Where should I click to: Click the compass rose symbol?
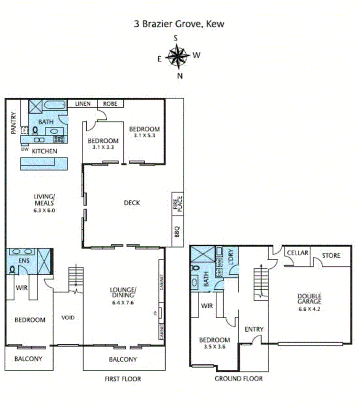177,56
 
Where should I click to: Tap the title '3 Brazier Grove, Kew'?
179,24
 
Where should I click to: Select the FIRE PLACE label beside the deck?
178,203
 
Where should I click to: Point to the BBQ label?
178,232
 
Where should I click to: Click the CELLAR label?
298,253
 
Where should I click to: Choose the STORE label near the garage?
331,255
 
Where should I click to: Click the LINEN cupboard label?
82,104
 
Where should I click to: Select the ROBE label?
110,104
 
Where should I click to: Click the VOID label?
68,317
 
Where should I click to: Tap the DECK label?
132,203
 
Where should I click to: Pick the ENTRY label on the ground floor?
254,329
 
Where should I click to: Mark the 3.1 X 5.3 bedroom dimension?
144,135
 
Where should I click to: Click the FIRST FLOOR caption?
123,379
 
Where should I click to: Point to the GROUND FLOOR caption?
239,379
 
